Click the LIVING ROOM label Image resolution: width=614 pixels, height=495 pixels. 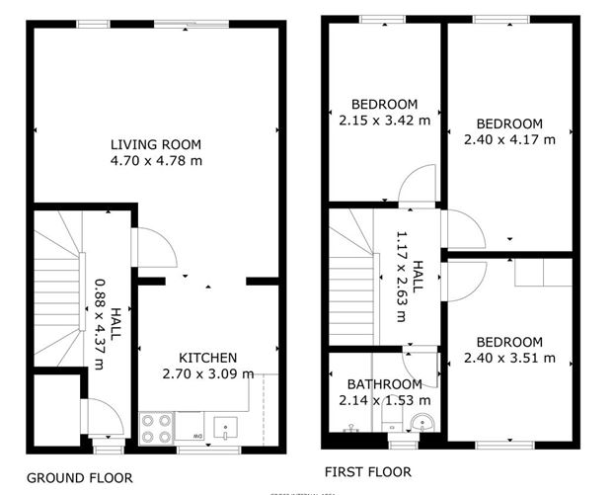tap(156, 144)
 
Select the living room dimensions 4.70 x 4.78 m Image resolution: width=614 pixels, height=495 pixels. tap(156, 160)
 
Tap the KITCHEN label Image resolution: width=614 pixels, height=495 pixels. tap(207, 358)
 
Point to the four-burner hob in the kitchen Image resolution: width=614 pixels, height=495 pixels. tap(157, 427)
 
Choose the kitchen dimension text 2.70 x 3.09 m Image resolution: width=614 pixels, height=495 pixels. tap(207, 373)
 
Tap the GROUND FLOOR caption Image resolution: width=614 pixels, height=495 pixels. tap(79, 477)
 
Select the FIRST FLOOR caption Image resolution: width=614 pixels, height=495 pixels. tap(366, 472)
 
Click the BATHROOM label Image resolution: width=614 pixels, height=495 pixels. tap(384, 384)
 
